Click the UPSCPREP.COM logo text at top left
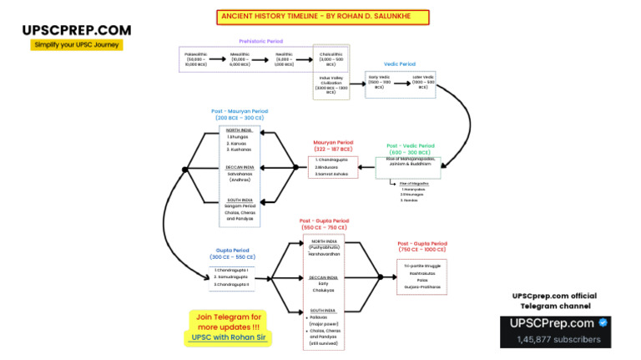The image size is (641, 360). click(x=76, y=30)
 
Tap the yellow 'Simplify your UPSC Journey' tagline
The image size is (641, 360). click(x=77, y=45)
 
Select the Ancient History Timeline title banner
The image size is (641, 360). click(x=323, y=17)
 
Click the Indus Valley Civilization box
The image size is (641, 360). click(x=331, y=85)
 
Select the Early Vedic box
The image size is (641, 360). click(x=379, y=81)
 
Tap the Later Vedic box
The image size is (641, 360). click(x=423, y=81)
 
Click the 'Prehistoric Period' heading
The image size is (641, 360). click(x=260, y=41)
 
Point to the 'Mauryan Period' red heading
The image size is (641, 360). click(x=333, y=145)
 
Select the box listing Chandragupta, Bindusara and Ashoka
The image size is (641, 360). click(x=333, y=167)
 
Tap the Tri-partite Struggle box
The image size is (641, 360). click(x=421, y=276)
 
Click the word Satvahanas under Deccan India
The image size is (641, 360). click(x=240, y=174)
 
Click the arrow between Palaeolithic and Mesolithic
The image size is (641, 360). click(x=218, y=58)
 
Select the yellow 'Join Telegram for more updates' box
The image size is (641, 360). click(x=229, y=327)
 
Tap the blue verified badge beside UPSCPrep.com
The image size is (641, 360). click(x=603, y=323)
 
